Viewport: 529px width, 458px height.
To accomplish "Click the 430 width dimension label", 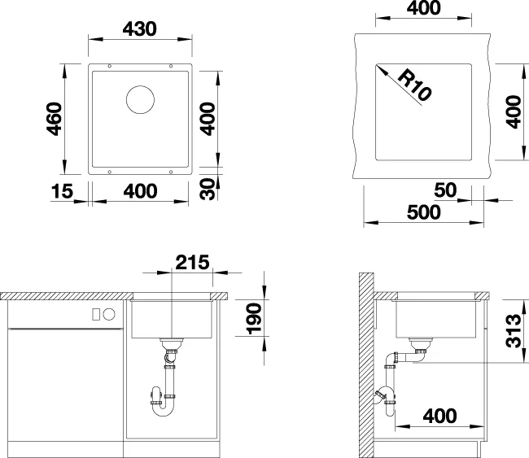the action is [140, 29].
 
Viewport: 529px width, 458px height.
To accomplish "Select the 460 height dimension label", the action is [55, 119].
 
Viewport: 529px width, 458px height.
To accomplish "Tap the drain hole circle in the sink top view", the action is [140, 99].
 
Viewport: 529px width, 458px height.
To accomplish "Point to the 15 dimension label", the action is [62, 191].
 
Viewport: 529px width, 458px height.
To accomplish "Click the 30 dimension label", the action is [208, 189].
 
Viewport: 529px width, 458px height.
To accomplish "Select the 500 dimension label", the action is [424, 212].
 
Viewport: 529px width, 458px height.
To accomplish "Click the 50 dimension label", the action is [445, 190].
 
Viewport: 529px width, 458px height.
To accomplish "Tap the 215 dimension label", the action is [192, 262].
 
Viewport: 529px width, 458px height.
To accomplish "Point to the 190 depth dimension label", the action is [255, 319].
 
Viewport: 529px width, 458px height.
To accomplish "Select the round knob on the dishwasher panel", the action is [109, 314].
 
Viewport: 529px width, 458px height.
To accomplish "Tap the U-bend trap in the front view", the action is [163, 410].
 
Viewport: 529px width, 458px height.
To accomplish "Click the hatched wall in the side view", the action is [366, 365].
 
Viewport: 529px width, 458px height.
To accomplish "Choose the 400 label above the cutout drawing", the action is [423, 8].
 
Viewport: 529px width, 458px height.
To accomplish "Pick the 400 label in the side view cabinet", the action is [440, 416].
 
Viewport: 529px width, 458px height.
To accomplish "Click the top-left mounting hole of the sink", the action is [109, 66].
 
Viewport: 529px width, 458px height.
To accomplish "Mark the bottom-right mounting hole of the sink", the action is [171, 172].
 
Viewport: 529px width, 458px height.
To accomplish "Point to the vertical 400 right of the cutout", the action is [514, 112].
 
